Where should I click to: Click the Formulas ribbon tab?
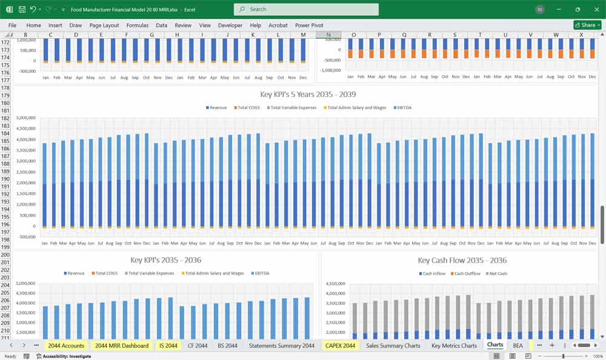pyautogui.click(x=137, y=25)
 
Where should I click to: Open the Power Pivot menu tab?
pyautogui.click(x=309, y=25)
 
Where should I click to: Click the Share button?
pyautogui.click(x=587, y=25)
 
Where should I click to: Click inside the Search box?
pyautogui.click(x=306, y=9)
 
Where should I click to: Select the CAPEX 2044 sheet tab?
pyautogui.click(x=340, y=345)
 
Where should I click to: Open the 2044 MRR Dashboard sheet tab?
pyautogui.click(x=121, y=345)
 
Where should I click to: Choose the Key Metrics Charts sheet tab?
pyautogui.click(x=454, y=345)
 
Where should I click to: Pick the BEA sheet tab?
pyautogui.click(x=518, y=345)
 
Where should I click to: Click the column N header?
pyautogui.click(x=329, y=35)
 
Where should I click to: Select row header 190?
pyautogui.click(x=5, y=179)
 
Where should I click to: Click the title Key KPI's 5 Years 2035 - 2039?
pyautogui.click(x=307, y=95)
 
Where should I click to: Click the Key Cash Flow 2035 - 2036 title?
pyautogui.click(x=462, y=261)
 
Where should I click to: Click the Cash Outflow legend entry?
pyautogui.click(x=467, y=273)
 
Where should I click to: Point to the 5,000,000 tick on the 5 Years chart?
pyautogui.click(x=27, y=118)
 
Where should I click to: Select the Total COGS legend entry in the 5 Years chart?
pyautogui.click(x=248, y=108)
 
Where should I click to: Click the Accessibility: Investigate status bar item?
pyautogui.click(x=64, y=356)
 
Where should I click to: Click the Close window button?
pyautogui.click(x=594, y=9)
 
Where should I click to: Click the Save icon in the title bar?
pyautogui.click(x=22, y=9)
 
